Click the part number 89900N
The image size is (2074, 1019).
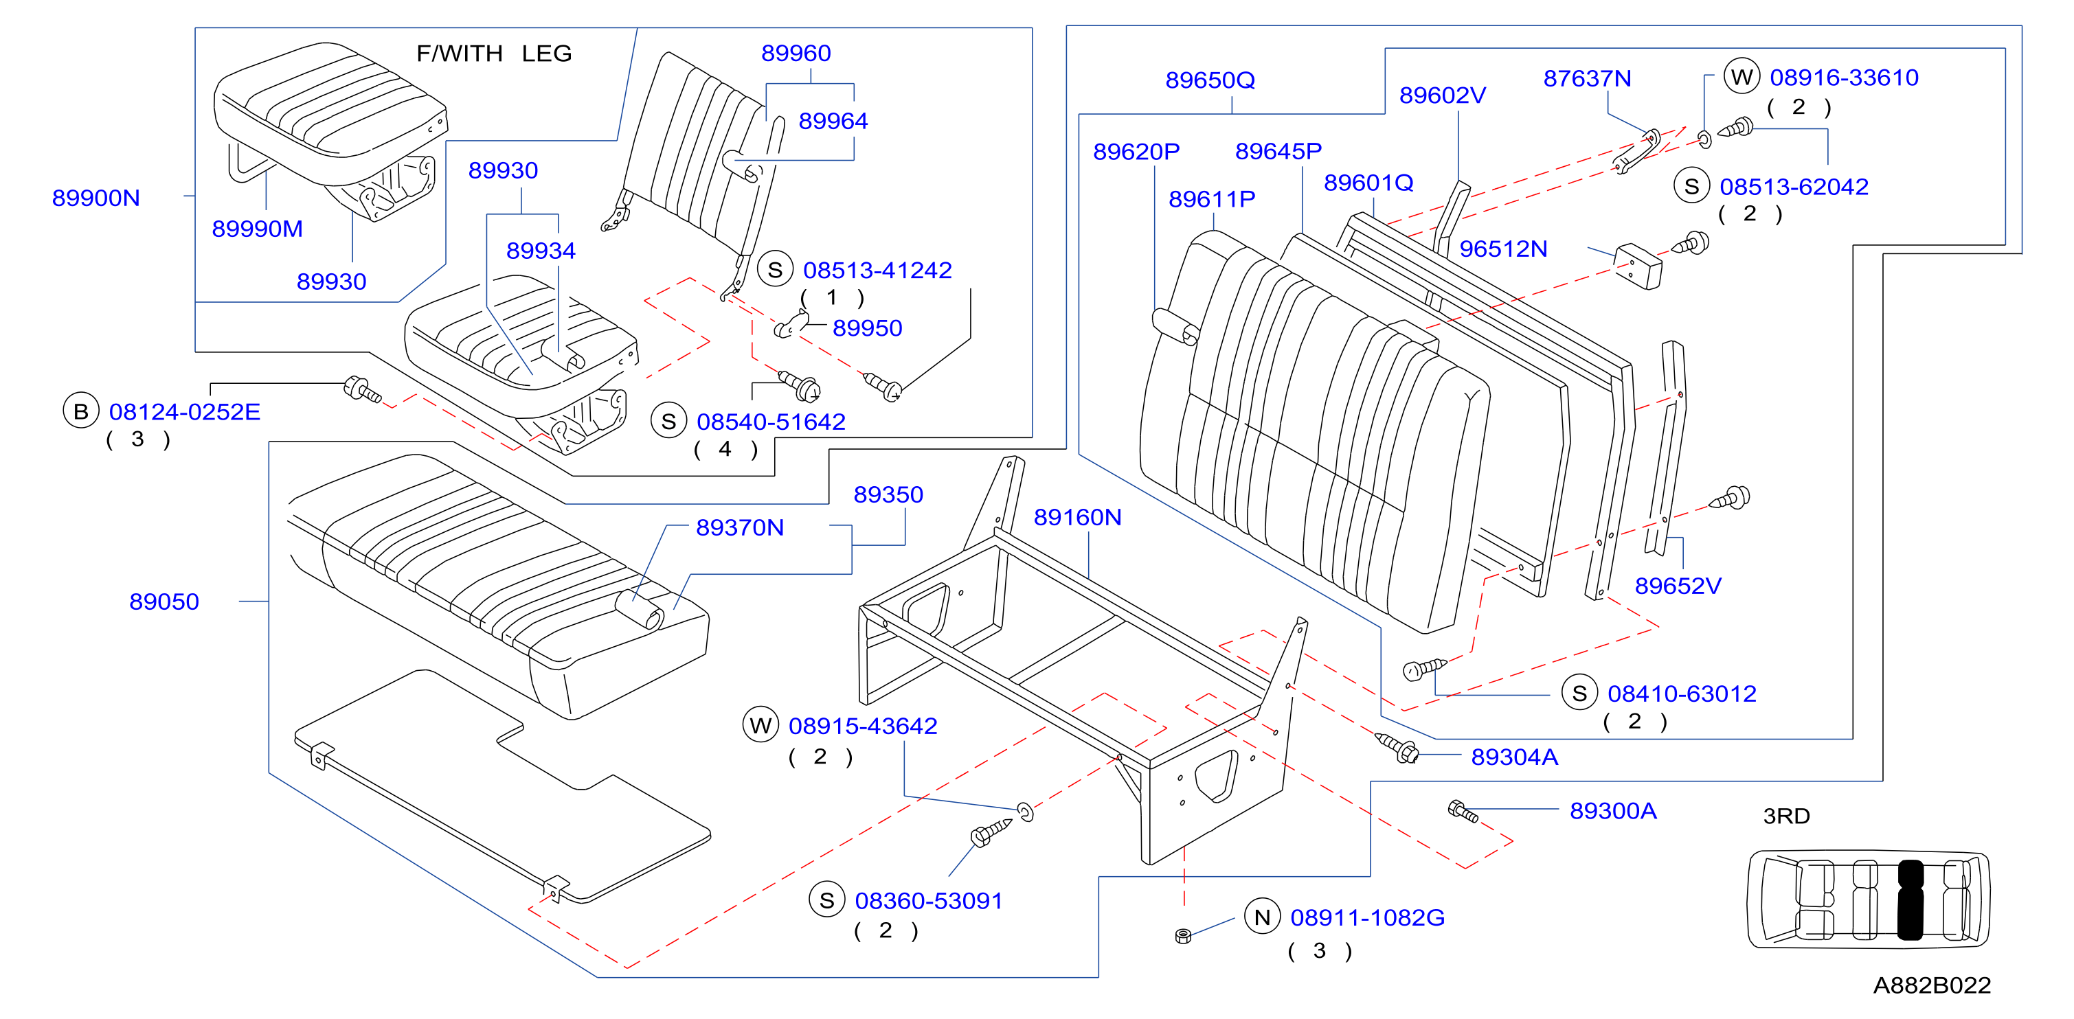coord(95,198)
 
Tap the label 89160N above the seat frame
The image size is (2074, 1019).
coord(1077,518)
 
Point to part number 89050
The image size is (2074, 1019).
coord(164,602)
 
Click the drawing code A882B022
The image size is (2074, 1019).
coord(1932,985)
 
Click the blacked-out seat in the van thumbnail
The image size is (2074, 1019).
coord(1910,900)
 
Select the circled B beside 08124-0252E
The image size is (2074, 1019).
coord(80,411)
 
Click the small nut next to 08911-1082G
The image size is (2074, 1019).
coord(1183,935)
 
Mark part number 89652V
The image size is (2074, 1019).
coord(1678,586)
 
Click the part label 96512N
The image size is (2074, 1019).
coord(1503,249)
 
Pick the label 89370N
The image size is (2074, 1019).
coord(740,528)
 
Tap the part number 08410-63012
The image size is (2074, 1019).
coord(1682,694)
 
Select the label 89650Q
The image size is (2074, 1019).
coord(1210,80)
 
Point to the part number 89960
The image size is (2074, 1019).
coord(796,53)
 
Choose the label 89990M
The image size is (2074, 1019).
coord(258,229)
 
